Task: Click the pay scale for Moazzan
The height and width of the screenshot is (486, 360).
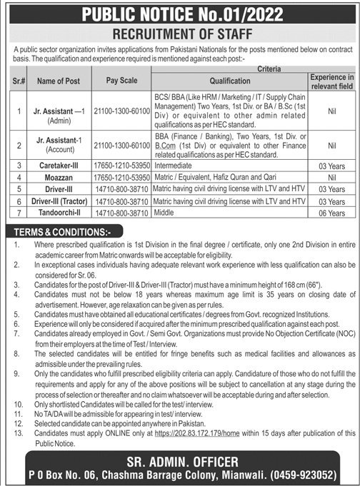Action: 115,174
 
